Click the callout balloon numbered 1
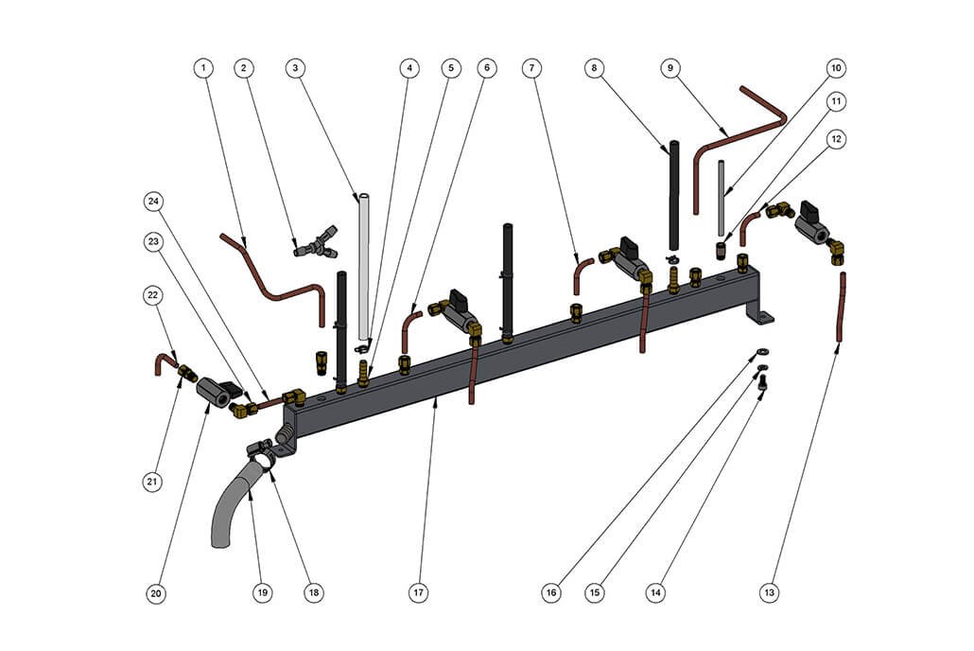pos(204,68)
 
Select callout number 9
pos(670,68)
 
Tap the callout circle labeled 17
pos(418,593)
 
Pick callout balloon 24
pos(154,201)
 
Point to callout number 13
pos(771,593)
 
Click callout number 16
pos(551,593)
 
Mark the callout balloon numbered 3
pos(295,68)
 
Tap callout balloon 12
pos(835,138)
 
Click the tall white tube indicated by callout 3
pos(363,265)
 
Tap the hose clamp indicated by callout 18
pos(262,452)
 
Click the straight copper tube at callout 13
pos(841,308)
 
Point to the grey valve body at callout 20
pos(217,395)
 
